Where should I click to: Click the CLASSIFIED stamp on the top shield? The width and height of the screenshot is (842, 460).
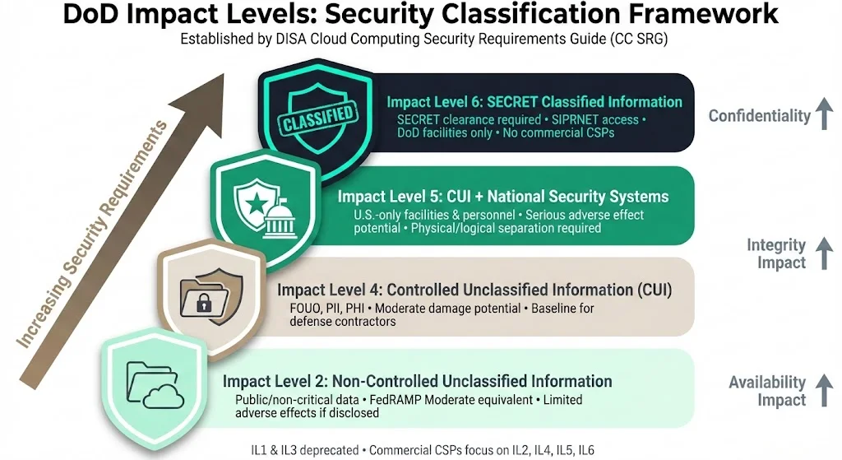point(317,118)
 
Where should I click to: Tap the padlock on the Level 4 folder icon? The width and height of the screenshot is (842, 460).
point(201,304)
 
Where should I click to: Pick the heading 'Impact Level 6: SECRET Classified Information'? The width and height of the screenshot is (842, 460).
point(534,102)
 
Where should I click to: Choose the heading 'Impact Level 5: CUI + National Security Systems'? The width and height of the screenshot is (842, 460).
point(502,197)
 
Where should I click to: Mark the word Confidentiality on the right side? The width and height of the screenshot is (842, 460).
point(760,116)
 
